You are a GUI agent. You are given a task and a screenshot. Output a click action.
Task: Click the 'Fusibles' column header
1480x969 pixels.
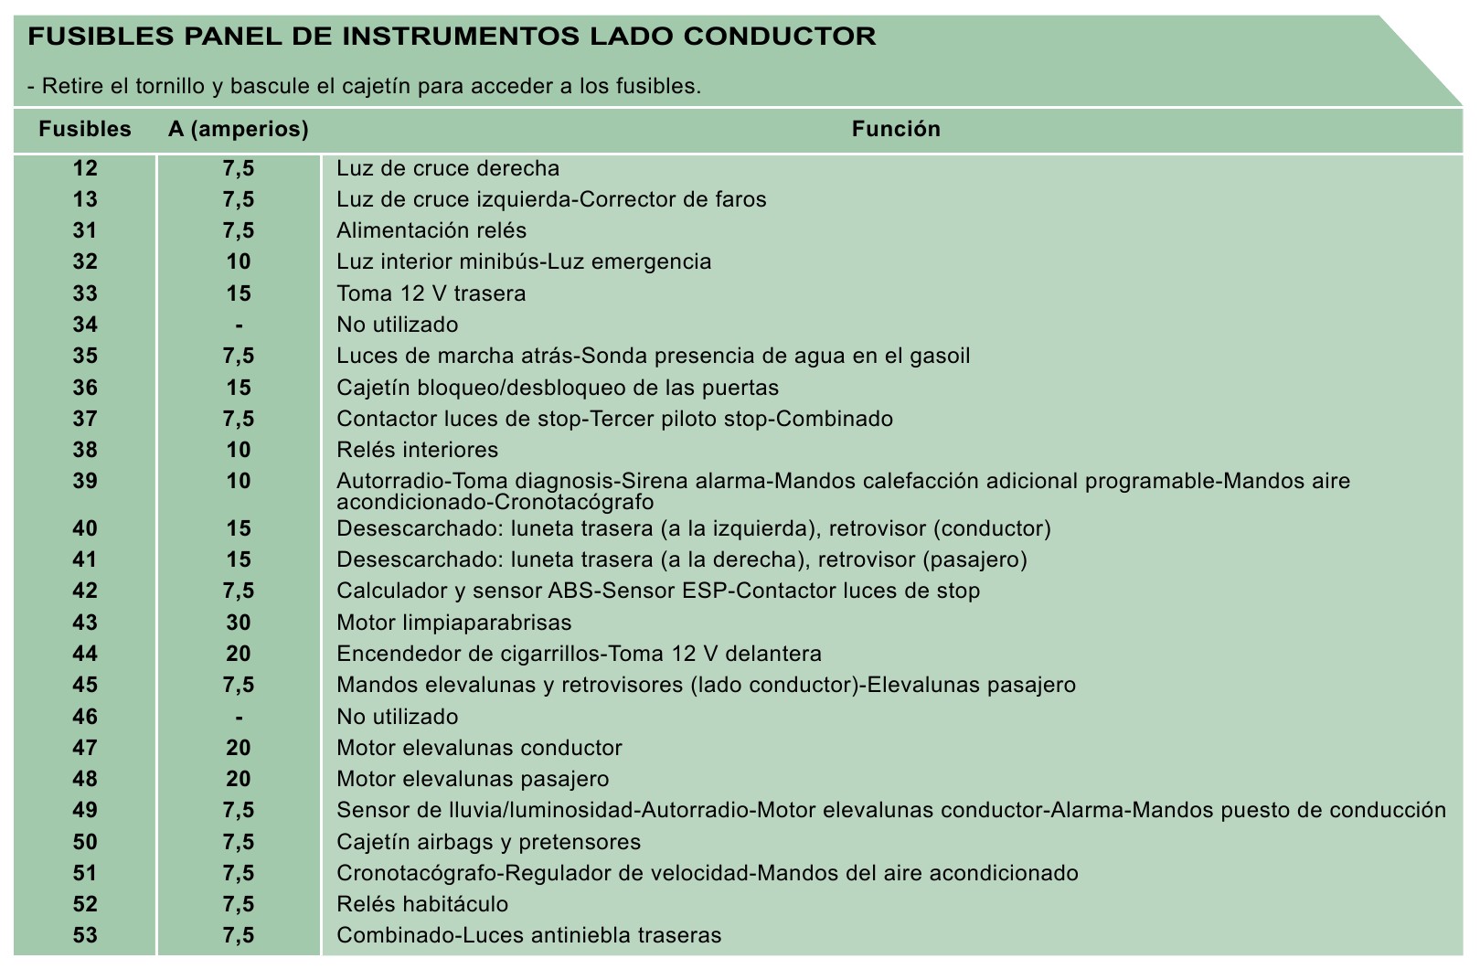pos(85,129)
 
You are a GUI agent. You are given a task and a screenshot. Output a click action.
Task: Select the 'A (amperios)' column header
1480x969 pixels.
pos(239,129)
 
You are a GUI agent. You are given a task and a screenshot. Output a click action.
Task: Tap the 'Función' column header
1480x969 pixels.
pos(896,129)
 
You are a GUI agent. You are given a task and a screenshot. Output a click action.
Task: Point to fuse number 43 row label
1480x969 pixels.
pos(85,623)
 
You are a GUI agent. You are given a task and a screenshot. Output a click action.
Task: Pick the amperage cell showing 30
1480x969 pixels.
pos(239,623)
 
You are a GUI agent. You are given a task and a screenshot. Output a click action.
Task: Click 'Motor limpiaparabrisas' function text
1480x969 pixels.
pos(453,623)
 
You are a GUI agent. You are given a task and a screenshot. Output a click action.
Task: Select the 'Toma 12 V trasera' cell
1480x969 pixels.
pos(431,293)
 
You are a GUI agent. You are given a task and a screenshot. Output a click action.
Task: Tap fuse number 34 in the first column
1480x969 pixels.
pos(85,325)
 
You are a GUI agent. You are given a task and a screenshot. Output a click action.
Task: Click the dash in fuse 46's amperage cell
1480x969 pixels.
pos(239,717)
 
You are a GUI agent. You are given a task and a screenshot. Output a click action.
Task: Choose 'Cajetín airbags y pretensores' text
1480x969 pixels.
pos(488,842)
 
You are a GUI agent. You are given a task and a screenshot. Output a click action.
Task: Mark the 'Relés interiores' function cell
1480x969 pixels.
pos(417,450)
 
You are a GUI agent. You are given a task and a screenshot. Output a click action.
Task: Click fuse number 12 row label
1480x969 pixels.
pos(85,168)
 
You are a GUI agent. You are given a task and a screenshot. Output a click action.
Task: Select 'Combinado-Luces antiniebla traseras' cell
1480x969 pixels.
pos(528,935)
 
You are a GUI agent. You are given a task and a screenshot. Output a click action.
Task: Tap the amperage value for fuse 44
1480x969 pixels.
pos(239,654)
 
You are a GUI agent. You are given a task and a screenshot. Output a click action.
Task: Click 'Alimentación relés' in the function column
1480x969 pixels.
pos(431,230)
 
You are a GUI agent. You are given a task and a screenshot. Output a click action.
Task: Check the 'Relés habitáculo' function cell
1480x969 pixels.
pos(422,904)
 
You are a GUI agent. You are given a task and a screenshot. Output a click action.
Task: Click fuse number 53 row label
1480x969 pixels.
pos(85,935)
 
